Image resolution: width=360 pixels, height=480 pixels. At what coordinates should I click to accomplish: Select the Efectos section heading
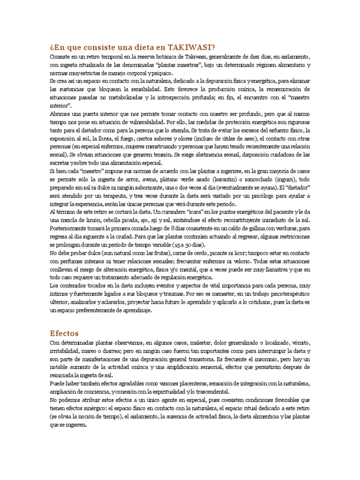point(64,333)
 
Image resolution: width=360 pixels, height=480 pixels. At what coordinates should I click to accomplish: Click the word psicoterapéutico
point(285,292)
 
